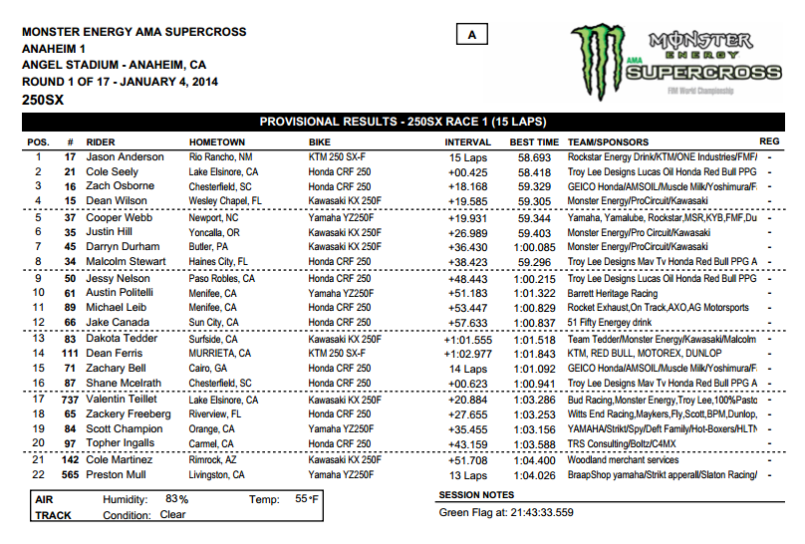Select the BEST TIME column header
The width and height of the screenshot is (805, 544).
pyautogui.click(x=533, y=142)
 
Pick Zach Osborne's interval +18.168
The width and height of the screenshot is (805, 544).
pyautogui.click(x=466, y=186)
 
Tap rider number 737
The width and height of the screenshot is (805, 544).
pyautogui.click(x=70, y=399)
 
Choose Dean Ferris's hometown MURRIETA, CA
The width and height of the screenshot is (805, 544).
pyautogui.click(x=224, y=354)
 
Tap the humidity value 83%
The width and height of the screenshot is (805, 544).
pyautogui.click(x=177, y=498)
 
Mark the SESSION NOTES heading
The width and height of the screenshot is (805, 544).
pyautogui.click(x=476, y=495)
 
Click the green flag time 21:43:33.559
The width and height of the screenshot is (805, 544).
pyautogui.click(x=534, y=512)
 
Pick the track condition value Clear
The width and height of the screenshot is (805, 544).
pyautogui.click(x=172, y=515)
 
